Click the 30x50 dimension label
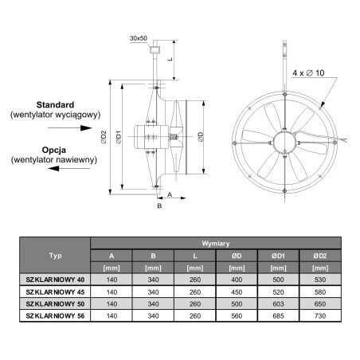pos(139,38)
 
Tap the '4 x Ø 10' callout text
pos(308,72)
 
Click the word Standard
pos(55,104)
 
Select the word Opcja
pos(54,150)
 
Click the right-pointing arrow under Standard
pos(70,128)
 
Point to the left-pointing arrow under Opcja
pos(69,168)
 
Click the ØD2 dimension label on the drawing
pos(104,137)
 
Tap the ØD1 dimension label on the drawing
pos(119,137)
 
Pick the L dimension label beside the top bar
pos(170,59)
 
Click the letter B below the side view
pos(159,205)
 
